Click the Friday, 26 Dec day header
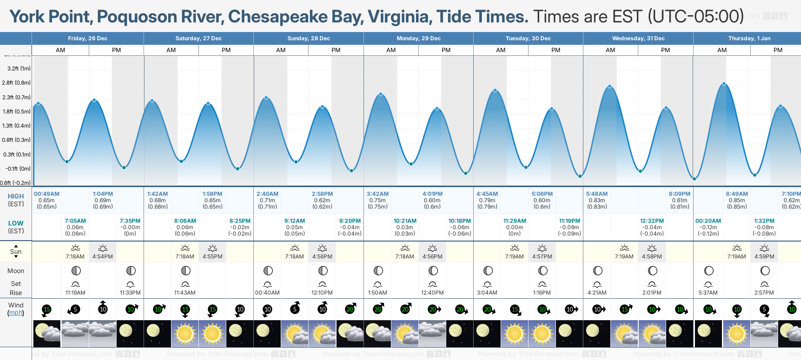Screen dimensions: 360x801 pos(88,38)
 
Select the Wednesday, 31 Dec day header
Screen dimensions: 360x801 pos(638,38)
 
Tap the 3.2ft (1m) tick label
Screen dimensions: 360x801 pos(19,69)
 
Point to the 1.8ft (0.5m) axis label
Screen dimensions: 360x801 pos(17,112)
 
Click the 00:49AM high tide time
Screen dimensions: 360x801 pos(47,194)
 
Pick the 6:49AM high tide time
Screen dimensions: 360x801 pos(737,194)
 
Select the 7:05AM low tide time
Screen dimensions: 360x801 pos(75,221)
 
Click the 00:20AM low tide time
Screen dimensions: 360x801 pos(708,221)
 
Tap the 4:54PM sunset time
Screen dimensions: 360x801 pos(103,257)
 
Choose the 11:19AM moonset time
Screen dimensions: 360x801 pos(75,293)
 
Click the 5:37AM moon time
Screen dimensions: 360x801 pos(708,293)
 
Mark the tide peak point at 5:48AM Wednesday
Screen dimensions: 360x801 pos(609,86)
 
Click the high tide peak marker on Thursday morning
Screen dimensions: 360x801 pos(724,84)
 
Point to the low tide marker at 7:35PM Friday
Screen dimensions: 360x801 pos(124,167)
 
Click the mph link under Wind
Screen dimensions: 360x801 pos(16,313)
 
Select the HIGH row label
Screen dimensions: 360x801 pos(16,196)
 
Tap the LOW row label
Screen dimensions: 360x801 pos(16,223)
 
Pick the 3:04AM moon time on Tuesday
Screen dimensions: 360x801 pos(487,293)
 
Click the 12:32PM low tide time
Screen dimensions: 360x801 pos(652,221)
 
